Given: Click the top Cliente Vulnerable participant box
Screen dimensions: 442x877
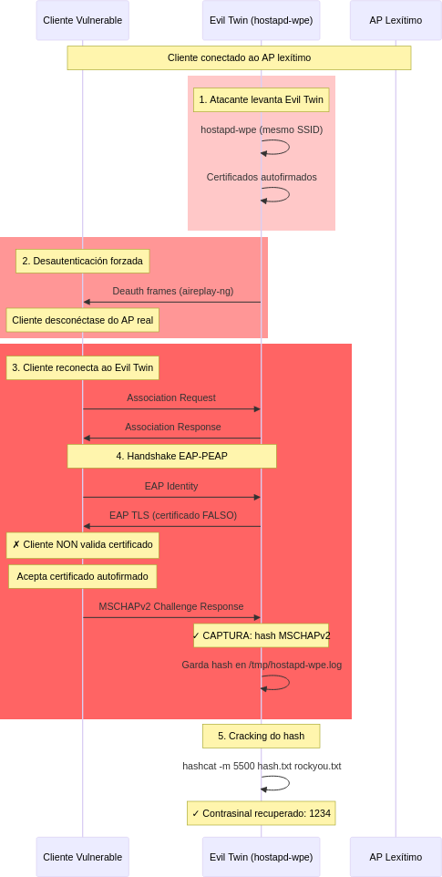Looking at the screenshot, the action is click(83, 20).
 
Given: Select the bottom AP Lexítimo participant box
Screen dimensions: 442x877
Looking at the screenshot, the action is click(396, 857).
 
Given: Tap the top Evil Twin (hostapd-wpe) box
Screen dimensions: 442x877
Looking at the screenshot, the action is click(261, 20).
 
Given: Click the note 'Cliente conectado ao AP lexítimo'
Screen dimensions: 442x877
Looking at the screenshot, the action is click(239, 57).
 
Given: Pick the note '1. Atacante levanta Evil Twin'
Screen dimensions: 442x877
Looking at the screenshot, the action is click(261, 99).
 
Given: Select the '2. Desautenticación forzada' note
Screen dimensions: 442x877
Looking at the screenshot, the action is click(83, 261).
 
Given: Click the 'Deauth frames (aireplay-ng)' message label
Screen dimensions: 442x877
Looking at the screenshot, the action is click(172, 291).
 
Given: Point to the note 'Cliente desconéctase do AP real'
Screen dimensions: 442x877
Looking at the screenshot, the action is click(83, 321).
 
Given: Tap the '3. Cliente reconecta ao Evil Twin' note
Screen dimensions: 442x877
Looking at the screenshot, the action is click(83, 367).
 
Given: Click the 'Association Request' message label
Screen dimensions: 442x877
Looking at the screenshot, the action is click(171, 397).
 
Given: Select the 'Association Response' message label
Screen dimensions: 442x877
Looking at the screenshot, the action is click(172, 427).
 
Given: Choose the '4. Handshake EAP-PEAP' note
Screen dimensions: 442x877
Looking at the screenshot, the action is click(172, 456).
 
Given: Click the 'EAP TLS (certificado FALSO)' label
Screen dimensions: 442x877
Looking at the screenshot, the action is click(173, 515).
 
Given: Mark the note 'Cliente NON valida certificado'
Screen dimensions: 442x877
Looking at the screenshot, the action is click(83, 545).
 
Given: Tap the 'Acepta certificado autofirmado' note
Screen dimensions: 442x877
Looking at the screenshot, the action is click(83, 576).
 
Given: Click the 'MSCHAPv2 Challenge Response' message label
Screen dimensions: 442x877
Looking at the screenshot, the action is click(171, 606).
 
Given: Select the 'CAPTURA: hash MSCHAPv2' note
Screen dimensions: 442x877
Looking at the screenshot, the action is click(261, 635).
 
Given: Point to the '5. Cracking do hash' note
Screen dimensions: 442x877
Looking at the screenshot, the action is click(261, 736).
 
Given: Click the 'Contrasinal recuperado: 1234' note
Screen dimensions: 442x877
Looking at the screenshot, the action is click(261, 813).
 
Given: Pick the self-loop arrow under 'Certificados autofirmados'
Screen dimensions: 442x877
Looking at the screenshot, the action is click(289, 195).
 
